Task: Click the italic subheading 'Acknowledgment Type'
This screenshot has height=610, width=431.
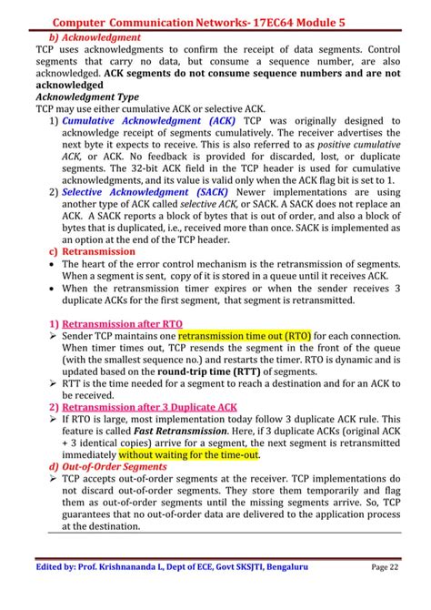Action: tap(86, 96)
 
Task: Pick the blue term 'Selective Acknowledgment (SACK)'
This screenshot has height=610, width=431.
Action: tap(145, 191)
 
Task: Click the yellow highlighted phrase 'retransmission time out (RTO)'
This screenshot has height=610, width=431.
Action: tap(244, 335)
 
